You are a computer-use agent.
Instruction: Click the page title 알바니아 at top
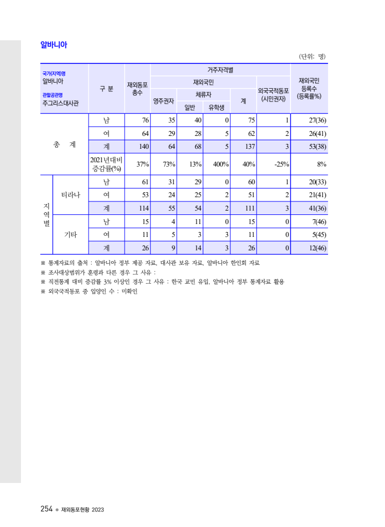coord(54,45)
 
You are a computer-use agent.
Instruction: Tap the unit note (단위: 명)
coord(312,56)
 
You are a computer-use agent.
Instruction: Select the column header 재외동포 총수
coord(137,89)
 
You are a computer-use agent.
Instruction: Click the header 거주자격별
coord(220,70)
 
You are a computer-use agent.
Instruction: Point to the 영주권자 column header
coord(163,100)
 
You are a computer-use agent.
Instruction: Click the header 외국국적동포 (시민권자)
coord(273,95)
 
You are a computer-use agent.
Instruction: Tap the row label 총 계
coord(64,145)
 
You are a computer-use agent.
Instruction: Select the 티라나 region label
coord(70,194)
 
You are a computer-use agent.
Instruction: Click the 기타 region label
coord(70,234)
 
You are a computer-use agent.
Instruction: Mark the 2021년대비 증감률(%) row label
coord(106,164)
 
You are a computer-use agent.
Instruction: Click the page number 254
coord(46,509)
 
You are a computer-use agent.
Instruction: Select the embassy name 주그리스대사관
coord(60,103)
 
